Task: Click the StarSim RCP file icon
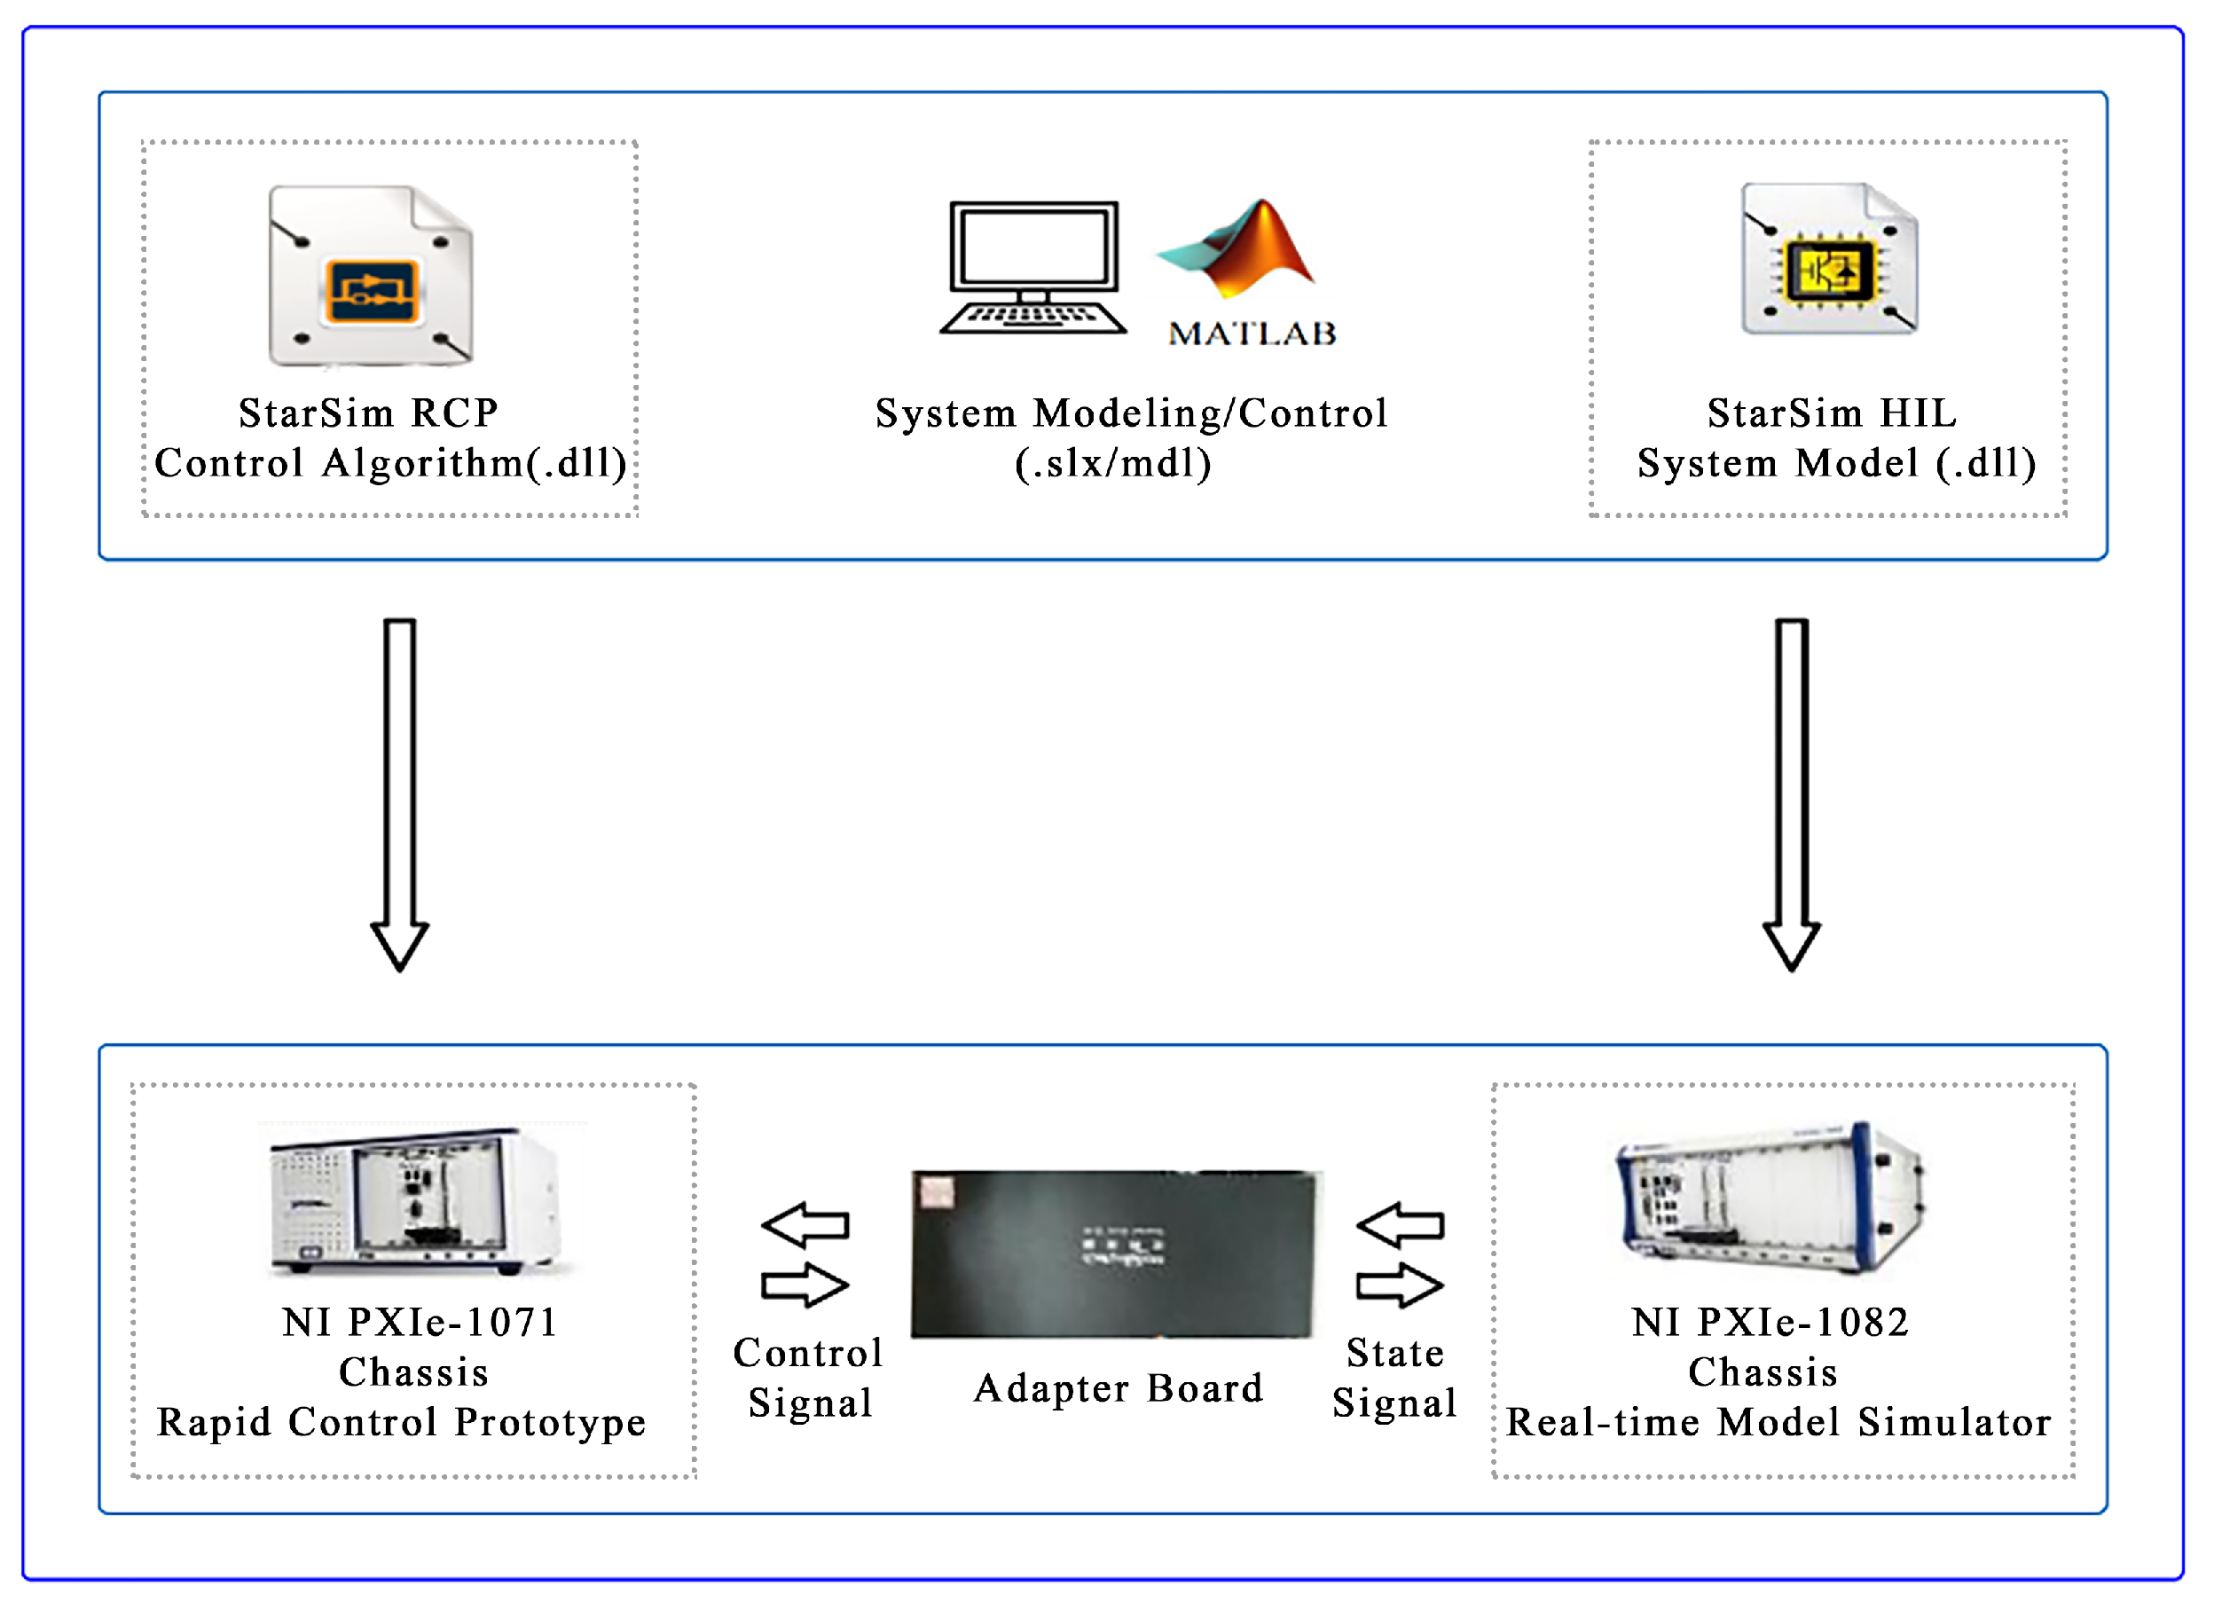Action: pyautogui.click(x=371, y=276)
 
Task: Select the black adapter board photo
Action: pyautogui.click(x=1115, y=1253)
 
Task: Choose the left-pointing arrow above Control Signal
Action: pyautogui.click(x=805, y=1225)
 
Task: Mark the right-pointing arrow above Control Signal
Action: pyautogui.click(x=805, y=1285)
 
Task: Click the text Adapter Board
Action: pyautogui.click(x=1119, y=1388)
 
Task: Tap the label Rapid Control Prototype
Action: pyautogui.click(x=401, y=1423)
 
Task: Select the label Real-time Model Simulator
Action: pyautogui.click(x=1778, y=1423)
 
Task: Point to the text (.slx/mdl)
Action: pyautogui.click(x=1113, y=463)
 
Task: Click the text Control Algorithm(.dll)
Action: pyautogui.click(x=390, y=463)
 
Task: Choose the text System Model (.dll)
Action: pyautogui.click(x=1836, y=463)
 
